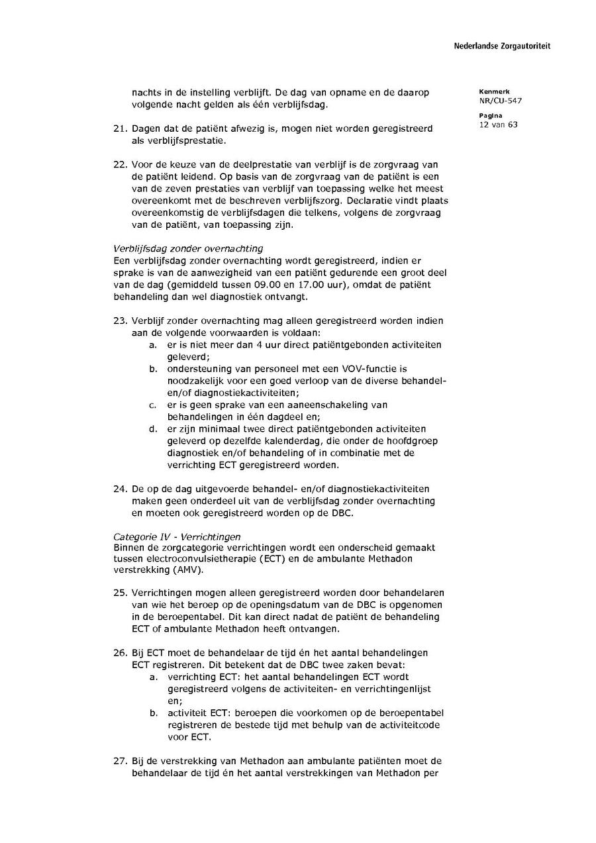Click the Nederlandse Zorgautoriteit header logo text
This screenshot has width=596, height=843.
coord(502,46)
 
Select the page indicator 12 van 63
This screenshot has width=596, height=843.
coord(498,124)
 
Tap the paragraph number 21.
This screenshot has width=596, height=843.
coord(120,128)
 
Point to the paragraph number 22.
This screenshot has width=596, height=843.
coord(120,164)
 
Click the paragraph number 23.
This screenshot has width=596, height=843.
coord(120,321)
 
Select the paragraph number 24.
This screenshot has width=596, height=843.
coord(120,489)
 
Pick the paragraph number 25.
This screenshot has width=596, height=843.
coord(120,592)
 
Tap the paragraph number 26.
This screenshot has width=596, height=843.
coord(120,653)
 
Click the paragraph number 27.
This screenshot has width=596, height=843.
coord(120,761)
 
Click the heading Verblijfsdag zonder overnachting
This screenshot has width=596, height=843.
coord(188,248)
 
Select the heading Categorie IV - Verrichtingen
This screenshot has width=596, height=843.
coord(177,536)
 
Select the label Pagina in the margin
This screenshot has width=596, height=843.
coord(490,116)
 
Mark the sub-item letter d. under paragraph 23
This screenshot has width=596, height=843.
coord(152,429)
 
